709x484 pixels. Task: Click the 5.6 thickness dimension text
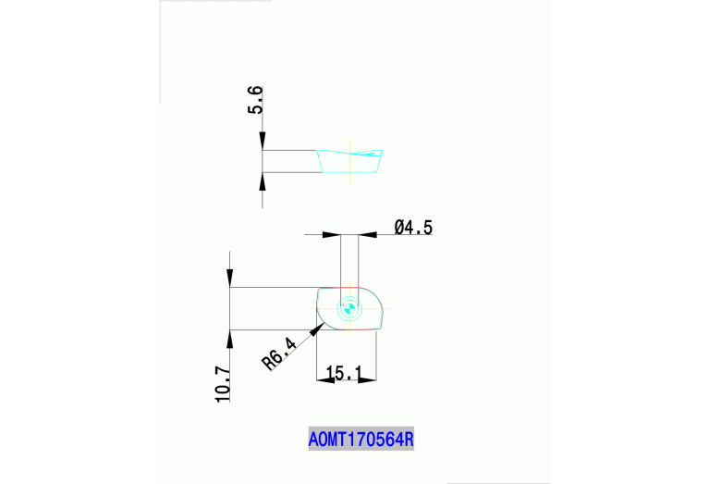255,100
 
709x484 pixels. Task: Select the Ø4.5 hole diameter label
413,228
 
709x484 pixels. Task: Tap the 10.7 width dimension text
223,385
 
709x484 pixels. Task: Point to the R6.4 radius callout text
279,354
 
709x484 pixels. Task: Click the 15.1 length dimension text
344,373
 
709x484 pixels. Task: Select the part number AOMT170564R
361,440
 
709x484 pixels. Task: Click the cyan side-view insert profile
349,161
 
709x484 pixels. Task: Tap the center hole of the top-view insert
349,309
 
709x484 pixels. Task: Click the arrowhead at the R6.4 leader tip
317,329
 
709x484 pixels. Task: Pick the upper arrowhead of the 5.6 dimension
263,141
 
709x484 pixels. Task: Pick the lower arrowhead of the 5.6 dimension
263,181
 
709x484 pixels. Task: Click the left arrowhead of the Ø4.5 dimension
332,234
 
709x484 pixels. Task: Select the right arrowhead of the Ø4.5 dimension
368,234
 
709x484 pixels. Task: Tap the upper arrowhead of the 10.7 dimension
229,278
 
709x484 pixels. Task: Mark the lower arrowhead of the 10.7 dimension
229,339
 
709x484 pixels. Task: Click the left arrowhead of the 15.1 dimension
325,379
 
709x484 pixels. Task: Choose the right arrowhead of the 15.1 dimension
367,379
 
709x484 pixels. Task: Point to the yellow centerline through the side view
349,161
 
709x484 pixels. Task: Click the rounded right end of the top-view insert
382,308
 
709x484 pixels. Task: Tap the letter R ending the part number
409,440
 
